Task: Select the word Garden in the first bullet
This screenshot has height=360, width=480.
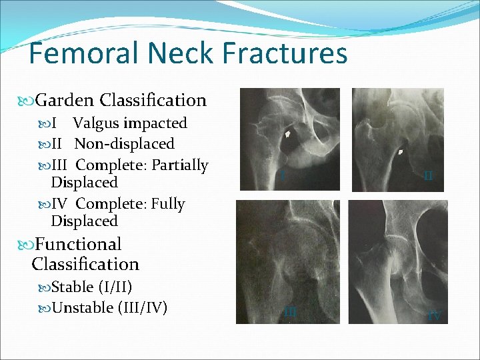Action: point(65,101)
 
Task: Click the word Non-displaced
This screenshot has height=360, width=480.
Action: point(125,144)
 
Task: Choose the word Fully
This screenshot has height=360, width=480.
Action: point(170,203)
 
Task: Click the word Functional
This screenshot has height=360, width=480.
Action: point(79,245)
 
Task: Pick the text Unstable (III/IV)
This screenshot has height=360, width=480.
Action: point(109,307)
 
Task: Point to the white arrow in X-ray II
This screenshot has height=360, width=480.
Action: point(401,153)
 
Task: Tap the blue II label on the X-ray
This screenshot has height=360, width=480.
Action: point(428,177)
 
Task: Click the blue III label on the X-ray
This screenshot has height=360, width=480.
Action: point(290,311)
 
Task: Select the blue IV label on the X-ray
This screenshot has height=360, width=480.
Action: point(434,316)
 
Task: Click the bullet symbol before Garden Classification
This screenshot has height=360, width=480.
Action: point(29,101)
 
